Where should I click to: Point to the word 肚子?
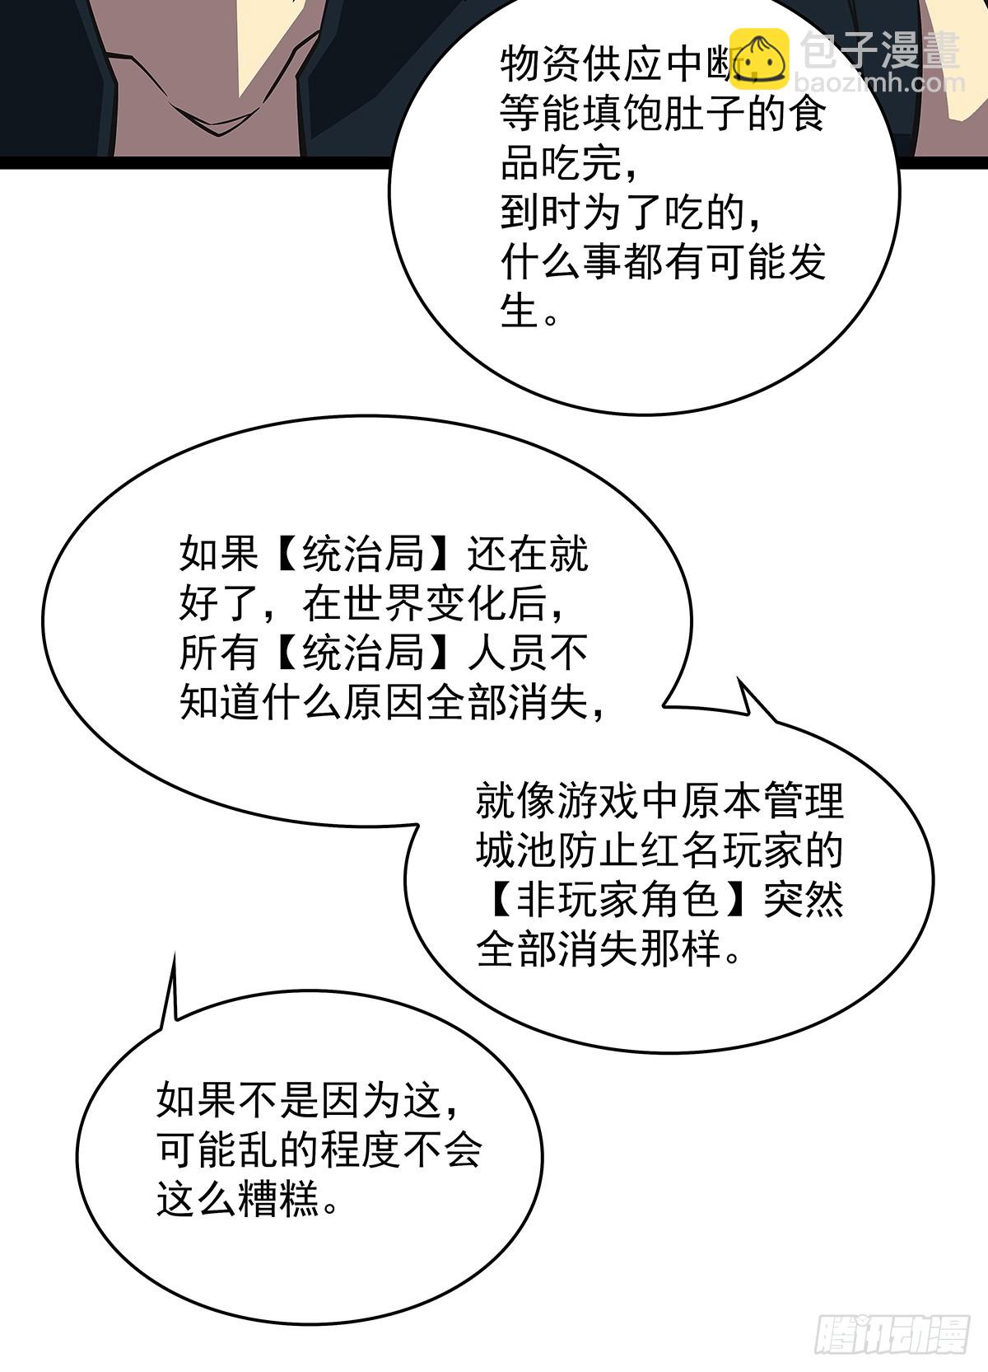pos(704,115)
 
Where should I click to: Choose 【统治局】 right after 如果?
pos(363,555)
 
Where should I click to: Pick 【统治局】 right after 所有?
pos(363,653)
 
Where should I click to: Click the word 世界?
pos(384,604)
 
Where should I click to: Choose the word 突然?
pos(804,900)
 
